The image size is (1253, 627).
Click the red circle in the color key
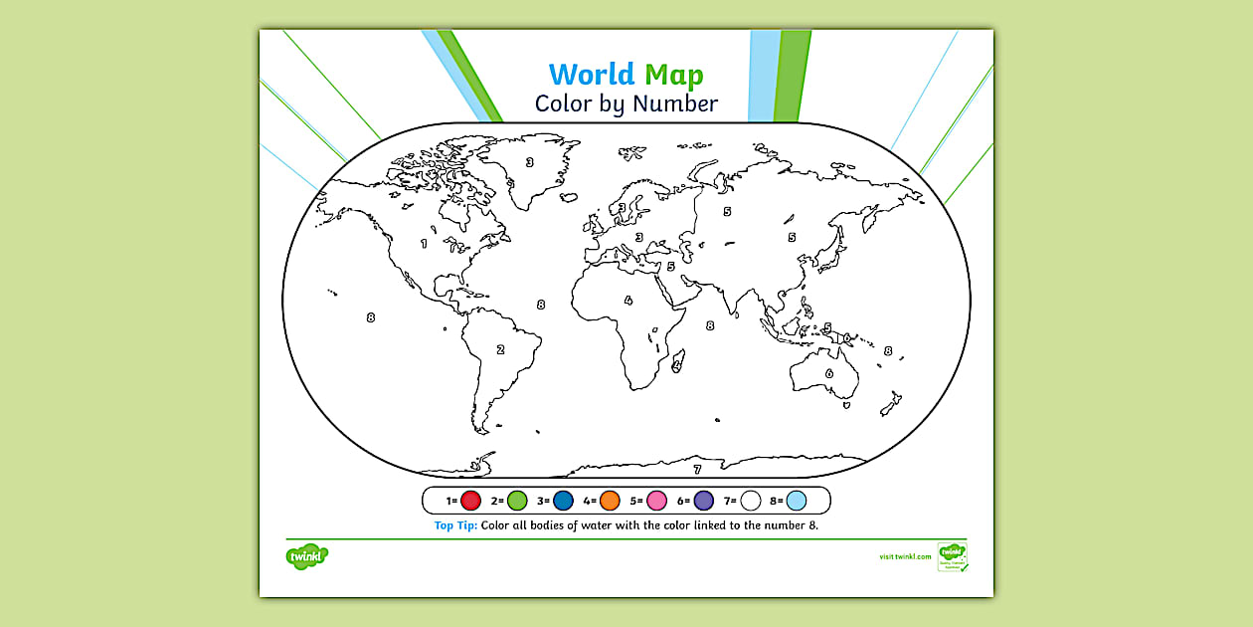click(x=471, y=501)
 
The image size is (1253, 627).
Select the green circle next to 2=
click(x=517, y=501)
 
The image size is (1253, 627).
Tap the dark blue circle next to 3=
click(x=564, y=501)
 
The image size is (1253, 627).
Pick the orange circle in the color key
click(x=610, y=501)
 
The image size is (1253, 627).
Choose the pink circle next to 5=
click(x=656, y=501)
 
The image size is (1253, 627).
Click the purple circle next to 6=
click(x=703, y=501)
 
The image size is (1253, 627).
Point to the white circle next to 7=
click(x=750, y=501)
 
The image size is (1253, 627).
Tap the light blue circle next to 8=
click(x=797, y=501)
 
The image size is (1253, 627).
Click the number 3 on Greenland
click(x=530, y=162)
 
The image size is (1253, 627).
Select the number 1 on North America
click(x=425, y=243)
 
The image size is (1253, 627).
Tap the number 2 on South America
click(x=500, y=349)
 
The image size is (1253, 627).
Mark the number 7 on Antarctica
click(x=697, y=470)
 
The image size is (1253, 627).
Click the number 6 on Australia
click(x=829, y=374)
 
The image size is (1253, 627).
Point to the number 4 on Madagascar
click(x=676, y=365)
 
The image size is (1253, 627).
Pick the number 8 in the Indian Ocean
click(x=710, y=325)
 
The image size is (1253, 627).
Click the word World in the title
click(x=591, y=75)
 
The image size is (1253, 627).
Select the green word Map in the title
click(x=673, y=75)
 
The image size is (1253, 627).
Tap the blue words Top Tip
click(x=456, y=525)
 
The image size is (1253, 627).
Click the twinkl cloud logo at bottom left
click(x=306, y=555)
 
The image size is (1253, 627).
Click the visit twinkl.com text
click(x=905, y=557)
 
